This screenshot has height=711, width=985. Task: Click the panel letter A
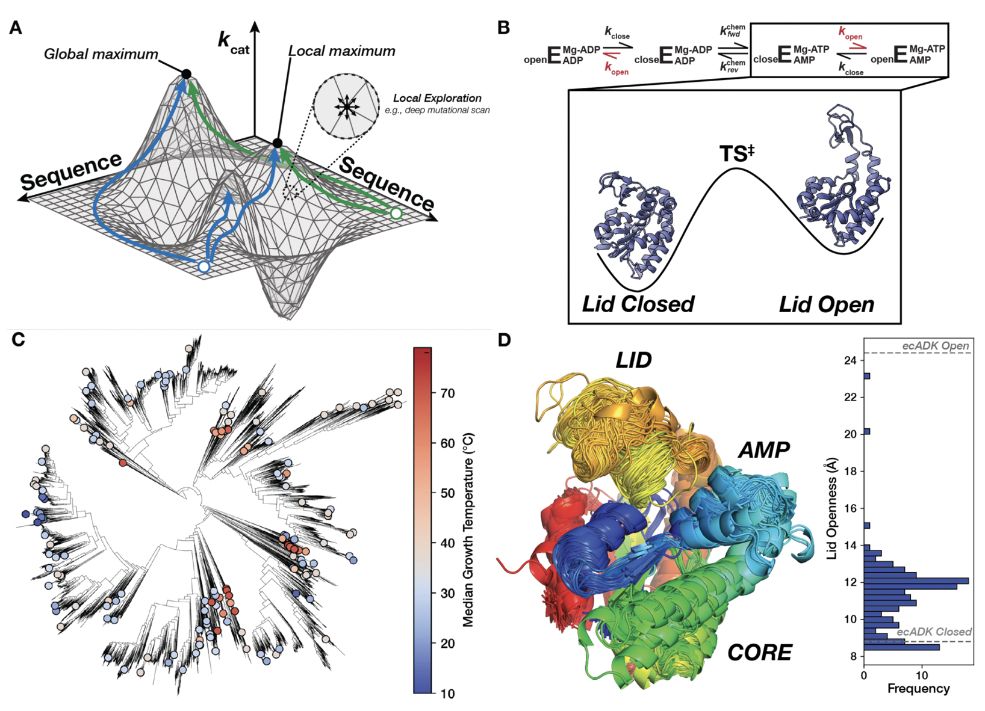pos(16,28)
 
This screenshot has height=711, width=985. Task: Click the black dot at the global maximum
pos(187,74)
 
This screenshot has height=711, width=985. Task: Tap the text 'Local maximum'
pos(341,51)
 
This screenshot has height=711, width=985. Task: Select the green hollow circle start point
pos(396,214)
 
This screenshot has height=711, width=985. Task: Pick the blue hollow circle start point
pos(204,266)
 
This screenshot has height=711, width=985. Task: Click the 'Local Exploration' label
pos(437,98)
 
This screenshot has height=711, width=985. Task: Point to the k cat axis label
pos(233,43)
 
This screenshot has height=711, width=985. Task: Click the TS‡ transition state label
pos(736,154)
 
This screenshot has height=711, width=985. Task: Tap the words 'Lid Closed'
pos(638,304)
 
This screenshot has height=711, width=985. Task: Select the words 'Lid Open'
pos(826,304)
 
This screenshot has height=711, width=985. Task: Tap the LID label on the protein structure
pos(633,360)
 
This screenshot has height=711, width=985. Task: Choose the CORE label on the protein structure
pos(759,653)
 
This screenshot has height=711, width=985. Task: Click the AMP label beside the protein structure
pos(763,449)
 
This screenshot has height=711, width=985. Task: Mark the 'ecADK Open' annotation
pos(935,346)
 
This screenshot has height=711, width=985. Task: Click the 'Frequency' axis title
pos(918,689)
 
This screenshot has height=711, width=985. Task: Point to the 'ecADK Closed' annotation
pos(934,632)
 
